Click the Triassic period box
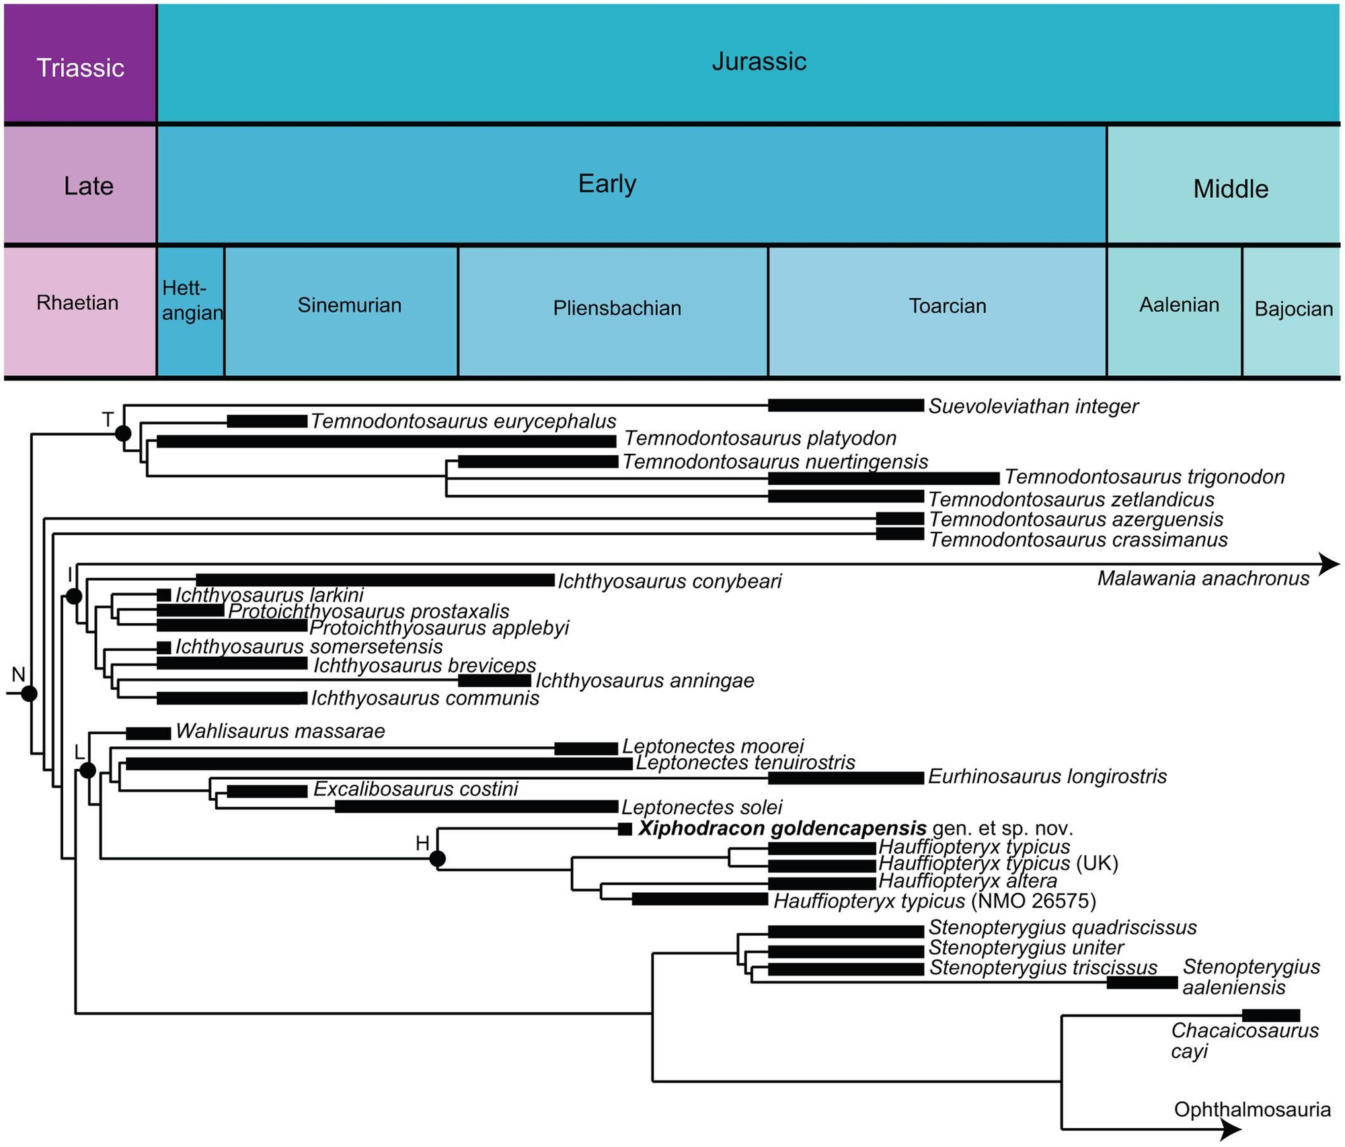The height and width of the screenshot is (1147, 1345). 80,65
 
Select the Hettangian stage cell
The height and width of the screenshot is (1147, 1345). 191,311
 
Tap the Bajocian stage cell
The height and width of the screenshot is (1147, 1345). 1292,311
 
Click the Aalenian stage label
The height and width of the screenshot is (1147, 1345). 1179,305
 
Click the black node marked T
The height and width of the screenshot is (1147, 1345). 123,434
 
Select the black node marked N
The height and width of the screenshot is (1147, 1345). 29,694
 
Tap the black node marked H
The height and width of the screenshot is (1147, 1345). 437,859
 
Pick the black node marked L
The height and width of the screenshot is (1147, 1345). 87,770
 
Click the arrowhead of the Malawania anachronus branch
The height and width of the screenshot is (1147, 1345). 1328,564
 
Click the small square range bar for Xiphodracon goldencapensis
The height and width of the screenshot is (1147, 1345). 625,829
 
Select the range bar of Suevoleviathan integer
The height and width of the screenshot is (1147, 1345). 845,405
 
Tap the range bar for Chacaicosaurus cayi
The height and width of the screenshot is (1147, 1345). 1270,1015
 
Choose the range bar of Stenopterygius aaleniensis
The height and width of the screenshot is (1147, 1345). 1142,983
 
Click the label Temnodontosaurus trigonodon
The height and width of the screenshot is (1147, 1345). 1144,477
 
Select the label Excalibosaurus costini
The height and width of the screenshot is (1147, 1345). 416,789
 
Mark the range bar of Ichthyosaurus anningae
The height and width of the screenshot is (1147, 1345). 494,681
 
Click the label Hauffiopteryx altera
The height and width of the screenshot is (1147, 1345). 968,881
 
